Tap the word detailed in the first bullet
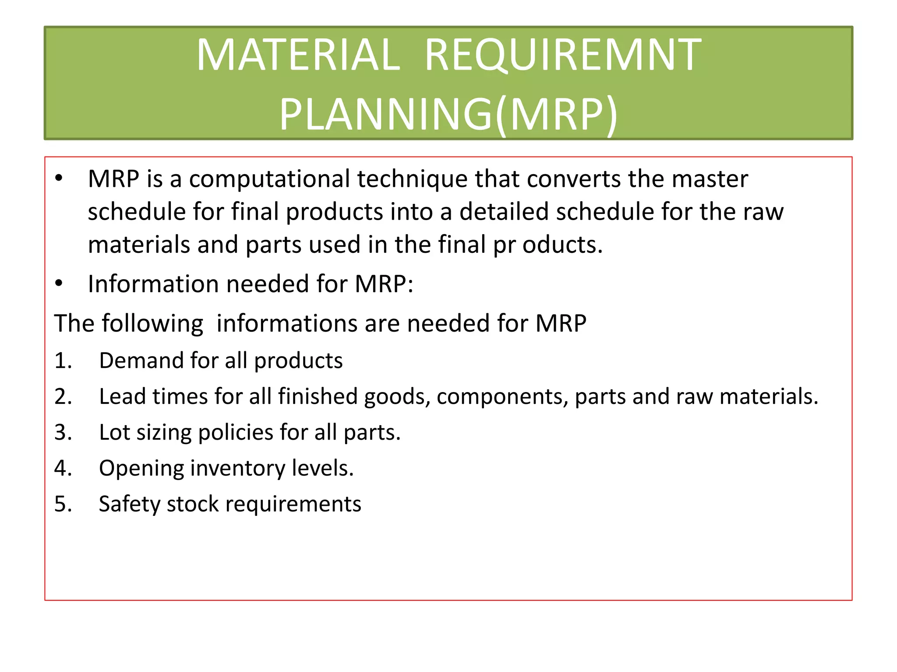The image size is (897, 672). point(504,212)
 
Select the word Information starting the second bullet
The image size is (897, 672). point(153,284)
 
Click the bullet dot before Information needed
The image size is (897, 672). point(59,283)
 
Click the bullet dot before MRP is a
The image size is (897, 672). point(59,178)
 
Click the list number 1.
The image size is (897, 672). point(63,361)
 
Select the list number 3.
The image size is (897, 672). point(63,433)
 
